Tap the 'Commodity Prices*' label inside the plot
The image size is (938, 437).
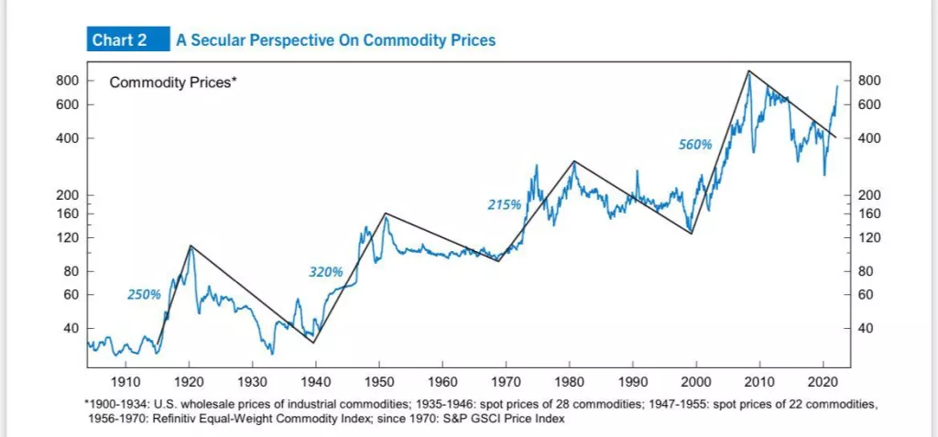click(173, 82)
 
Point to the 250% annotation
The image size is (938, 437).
click(144, 294)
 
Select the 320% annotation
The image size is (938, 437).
click(325, 272)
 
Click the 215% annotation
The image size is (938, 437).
click(504, 205)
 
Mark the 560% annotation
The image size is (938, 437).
click(695, 145)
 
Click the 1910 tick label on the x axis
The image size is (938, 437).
click(125, 380)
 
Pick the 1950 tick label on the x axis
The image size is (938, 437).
click(379, 380)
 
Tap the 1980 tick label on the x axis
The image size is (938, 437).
click(570, 380)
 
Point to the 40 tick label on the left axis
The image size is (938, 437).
click(71, 328)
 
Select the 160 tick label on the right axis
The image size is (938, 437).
click(870, 213)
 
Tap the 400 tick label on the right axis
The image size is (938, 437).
click(870, 138)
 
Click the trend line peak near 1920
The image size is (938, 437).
click(191, 246)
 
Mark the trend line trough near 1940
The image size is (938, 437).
click(313, 343)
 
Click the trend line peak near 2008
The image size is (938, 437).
click(748, 71)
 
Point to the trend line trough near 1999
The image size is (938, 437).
click(692, 234)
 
